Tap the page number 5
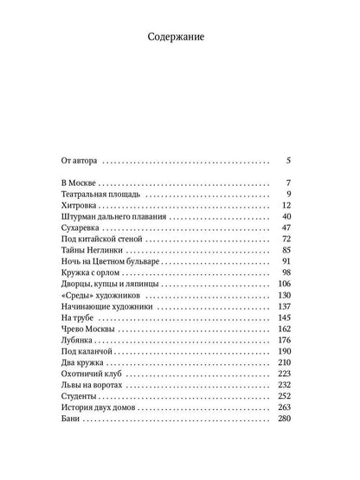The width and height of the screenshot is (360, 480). coord(288,160)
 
